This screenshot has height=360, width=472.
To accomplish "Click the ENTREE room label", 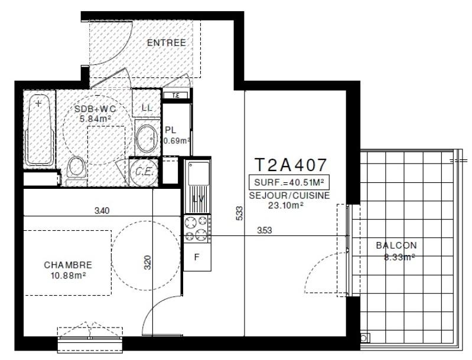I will pyautogui.click(x=166, y=42).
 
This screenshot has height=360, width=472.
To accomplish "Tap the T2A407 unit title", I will pyautogui.click(x=290, y=163).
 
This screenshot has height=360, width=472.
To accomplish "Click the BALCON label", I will pyautogui.click(x=396, y=246).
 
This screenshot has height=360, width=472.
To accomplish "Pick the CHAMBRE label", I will pyautogui.click(x=68, y=265).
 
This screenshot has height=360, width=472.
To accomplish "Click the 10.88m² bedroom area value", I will pyautogui.click(x=68, y=275).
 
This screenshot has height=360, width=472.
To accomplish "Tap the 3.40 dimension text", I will pyautogui.click(x=102, y=210).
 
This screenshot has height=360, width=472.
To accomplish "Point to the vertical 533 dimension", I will pyautogui.click(x=238, y=213).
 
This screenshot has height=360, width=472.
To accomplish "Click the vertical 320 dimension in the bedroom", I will pyautogui.click(x=148, y=262).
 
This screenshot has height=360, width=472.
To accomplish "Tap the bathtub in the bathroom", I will pyautogui.click(x=40, y=130).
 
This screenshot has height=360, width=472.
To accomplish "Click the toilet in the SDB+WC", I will pyautogui.click(x=75, y=169).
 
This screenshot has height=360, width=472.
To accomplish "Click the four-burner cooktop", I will pyautogui.click(x=197, y=230).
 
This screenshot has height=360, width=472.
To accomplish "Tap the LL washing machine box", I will pyautogui.click(x=146, y=107).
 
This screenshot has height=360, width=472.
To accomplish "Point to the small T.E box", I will pyautogui.click(x=175, y=96).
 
